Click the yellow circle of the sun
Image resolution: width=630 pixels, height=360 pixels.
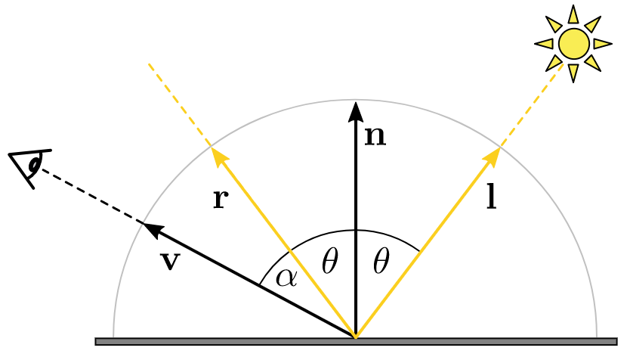[573, 44]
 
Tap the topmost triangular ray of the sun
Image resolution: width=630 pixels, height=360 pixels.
[573, 14]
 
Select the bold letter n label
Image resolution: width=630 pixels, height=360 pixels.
[375, 136]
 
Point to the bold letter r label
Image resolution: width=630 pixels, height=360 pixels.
[221, 199]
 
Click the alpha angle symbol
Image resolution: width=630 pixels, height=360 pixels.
[286, 277]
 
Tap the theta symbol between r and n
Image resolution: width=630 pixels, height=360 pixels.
[329, 262]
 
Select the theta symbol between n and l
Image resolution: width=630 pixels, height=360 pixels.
[381, 262]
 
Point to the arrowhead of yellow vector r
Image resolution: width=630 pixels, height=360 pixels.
[218, 157]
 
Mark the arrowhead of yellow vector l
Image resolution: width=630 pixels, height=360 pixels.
[492, 156]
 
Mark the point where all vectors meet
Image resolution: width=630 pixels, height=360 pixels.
[355, 336]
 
